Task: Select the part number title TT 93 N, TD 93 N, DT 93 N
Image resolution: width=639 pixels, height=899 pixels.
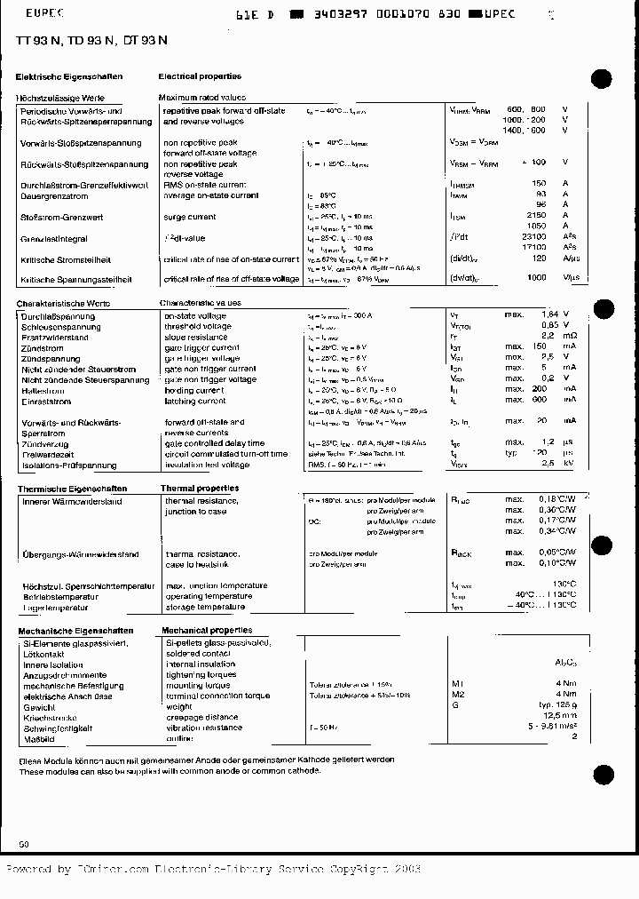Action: pyautogui.click(x=91, y=41)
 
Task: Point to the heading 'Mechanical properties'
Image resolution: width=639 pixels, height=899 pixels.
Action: pyautogui.click(x=206, y=630)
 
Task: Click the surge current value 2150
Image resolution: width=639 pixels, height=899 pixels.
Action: pyautogui.click(x=535, y=216)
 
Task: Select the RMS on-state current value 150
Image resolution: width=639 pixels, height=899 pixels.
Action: pyautogui.click(x=538, y=184)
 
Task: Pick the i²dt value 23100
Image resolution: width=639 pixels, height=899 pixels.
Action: pyautogui.click(x=533, y=237)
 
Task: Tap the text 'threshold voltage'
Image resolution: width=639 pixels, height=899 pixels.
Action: pyautogui.click(x=198, y=326)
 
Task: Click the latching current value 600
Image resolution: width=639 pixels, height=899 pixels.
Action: pyautogui.click(x=538, y=400)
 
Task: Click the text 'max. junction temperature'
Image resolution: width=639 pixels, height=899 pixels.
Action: pyautogui.click(x=216, y=585)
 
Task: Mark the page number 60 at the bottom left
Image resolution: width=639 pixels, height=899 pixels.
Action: pyautogui.click(x=24, y=843)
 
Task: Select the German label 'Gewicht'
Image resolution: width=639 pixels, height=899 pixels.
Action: pyautogui.click(x=40, y=706)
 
